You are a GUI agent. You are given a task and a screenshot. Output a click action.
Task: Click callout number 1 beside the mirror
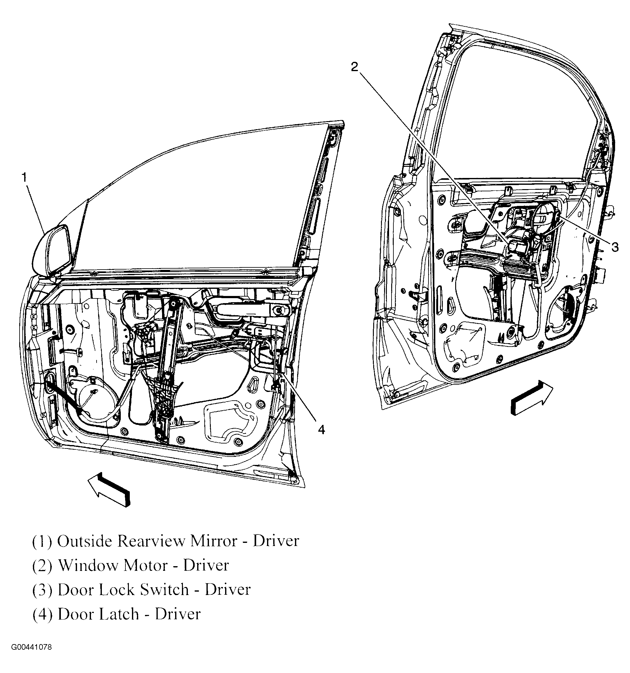click(24, 177)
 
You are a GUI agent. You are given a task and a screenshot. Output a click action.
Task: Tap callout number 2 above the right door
click(354, 67)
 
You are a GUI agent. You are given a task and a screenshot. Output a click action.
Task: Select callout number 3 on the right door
click(615, 247)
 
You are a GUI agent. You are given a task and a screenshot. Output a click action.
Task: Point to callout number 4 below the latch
click(321, 430)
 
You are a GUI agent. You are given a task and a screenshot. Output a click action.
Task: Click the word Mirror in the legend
click(214, 541)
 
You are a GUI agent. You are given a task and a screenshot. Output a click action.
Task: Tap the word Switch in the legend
click(164, 590)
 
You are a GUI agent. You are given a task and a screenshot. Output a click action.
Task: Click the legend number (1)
click(42, 541)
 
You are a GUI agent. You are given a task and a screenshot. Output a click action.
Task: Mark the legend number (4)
click(42, 614)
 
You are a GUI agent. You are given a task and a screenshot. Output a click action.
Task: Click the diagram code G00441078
click(31, 647)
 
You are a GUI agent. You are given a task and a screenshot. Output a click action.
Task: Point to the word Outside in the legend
click(84, 541)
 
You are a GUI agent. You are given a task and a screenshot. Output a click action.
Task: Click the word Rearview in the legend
click(151, 541)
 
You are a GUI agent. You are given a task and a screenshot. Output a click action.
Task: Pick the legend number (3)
click(42, 590)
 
